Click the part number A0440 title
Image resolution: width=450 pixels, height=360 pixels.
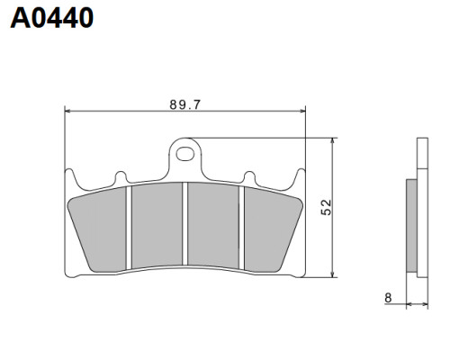[x=51, y=18]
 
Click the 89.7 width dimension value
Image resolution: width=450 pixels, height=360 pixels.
[x=184, y=104]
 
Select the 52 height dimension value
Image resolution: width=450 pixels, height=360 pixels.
[x=327, y=207]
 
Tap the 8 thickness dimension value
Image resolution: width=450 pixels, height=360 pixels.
[x=388, y=298]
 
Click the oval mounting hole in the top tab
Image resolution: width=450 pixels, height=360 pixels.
[x=184, y=154]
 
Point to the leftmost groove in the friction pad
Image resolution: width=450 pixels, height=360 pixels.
[x=129, y=228]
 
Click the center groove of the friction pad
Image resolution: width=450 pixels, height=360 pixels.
[x=184, y=224]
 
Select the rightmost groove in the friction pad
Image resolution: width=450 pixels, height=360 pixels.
[x=241, y=228]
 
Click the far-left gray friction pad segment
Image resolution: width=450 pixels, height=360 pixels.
[x=97, y=231]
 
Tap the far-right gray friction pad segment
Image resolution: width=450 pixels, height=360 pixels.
[x=273, y=231]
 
